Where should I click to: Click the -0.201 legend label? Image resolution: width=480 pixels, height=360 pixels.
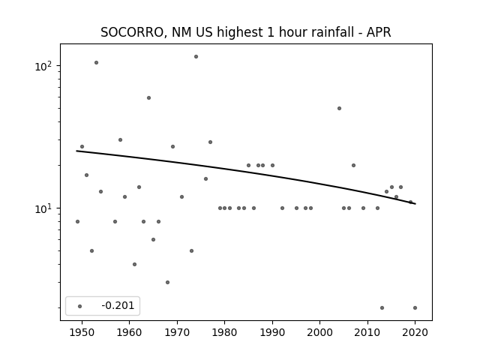pyautogui.click(x=118, y=305)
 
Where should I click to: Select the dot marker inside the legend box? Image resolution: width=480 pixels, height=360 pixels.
pyautogui.click(x=80, y=306)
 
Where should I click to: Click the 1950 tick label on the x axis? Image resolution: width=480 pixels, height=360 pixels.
pyautogui.click(x=82, y=332)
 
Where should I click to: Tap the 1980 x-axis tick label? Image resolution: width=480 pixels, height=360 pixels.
pyautogui.click(x=224, y=332)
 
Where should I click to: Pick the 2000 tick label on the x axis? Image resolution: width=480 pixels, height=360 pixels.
pyautogui.click(x=319, y=332)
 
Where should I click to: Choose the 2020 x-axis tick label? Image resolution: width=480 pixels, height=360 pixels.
pyautogui.click(x=415, y=332)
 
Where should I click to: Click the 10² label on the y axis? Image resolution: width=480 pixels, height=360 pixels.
pyautogui.click(x=45, y=66)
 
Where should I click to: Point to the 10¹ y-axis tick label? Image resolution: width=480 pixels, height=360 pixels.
pyautogui.click(x=45, y=208)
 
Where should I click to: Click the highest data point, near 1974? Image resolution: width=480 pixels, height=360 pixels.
pyautogui.click(x=196, y=57)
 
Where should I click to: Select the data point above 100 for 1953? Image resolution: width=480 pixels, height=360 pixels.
pyautogui.click(x=96, y=63)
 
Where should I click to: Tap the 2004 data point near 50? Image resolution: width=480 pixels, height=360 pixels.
pyautogui.click(x=339, y=108)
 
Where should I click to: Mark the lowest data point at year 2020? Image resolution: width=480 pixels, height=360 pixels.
pyautogui.click(x=415, y=308)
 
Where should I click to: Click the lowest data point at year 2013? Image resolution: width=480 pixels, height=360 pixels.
pyautogui.click(x=382, y=308)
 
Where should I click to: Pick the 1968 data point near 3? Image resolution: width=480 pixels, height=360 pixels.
pyautogui.click(x=167, y=282)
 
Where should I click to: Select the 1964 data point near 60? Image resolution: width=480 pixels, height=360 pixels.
pyautogui.click(x=148, y=98)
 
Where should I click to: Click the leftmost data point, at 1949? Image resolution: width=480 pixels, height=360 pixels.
pyautogui.click(x=77, y=222)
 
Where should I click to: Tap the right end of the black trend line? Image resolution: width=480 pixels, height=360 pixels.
pyautogui.click(x=415, y=204)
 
